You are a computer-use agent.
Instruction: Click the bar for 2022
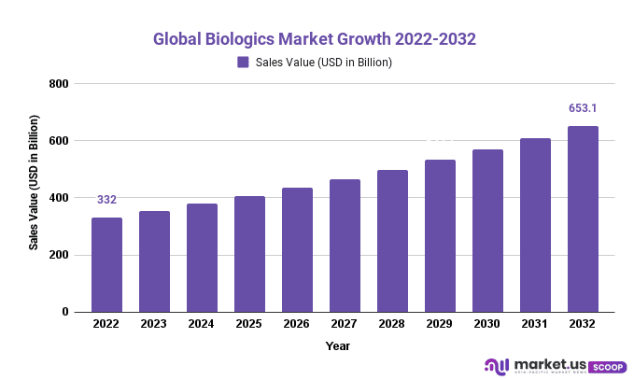[x=106, y=264]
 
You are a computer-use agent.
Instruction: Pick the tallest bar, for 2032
[x=584, y=218]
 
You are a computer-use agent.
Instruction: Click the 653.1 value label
[x=584, y=108]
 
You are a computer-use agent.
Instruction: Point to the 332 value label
[x=106, y=200]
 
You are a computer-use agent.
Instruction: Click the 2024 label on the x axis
[x=202, y=324]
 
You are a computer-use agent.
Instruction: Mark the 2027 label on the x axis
[x=345, y=324]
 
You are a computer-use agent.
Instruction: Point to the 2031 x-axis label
[x=536, y=324]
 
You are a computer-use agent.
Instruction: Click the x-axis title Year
[x=338, y=346]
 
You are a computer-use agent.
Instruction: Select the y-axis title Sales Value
[x=34, y=182]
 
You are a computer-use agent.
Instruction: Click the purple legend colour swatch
[x=243, y=63]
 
